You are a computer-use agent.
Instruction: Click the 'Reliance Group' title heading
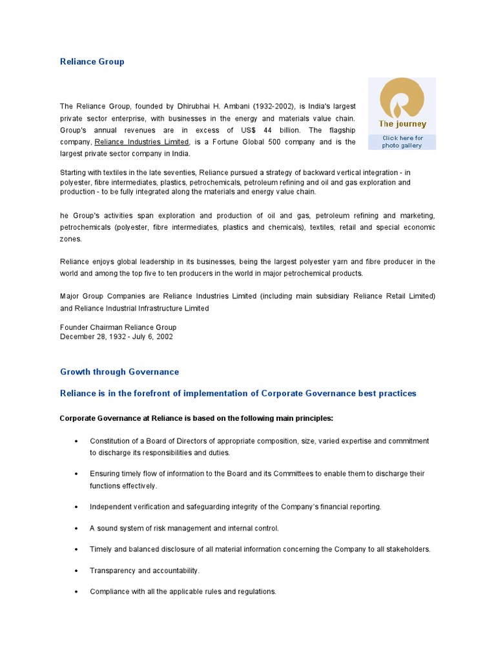92,62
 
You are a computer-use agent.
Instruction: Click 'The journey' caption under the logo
402,124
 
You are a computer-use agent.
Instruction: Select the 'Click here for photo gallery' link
402,141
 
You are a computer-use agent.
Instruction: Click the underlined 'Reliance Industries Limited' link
142,142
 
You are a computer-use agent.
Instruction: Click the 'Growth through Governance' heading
119,372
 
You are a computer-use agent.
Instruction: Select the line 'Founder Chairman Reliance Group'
118,327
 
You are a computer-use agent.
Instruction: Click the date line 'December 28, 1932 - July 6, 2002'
116,336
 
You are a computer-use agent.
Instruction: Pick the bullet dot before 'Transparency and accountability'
77,571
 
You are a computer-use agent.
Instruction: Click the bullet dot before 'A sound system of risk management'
77,529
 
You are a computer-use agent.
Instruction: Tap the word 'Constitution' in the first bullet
110,441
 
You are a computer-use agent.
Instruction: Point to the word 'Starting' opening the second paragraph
74,173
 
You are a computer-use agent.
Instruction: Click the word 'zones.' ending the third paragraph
71,239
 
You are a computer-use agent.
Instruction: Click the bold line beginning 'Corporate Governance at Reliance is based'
196,418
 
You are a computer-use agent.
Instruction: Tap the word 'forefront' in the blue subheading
147,393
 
